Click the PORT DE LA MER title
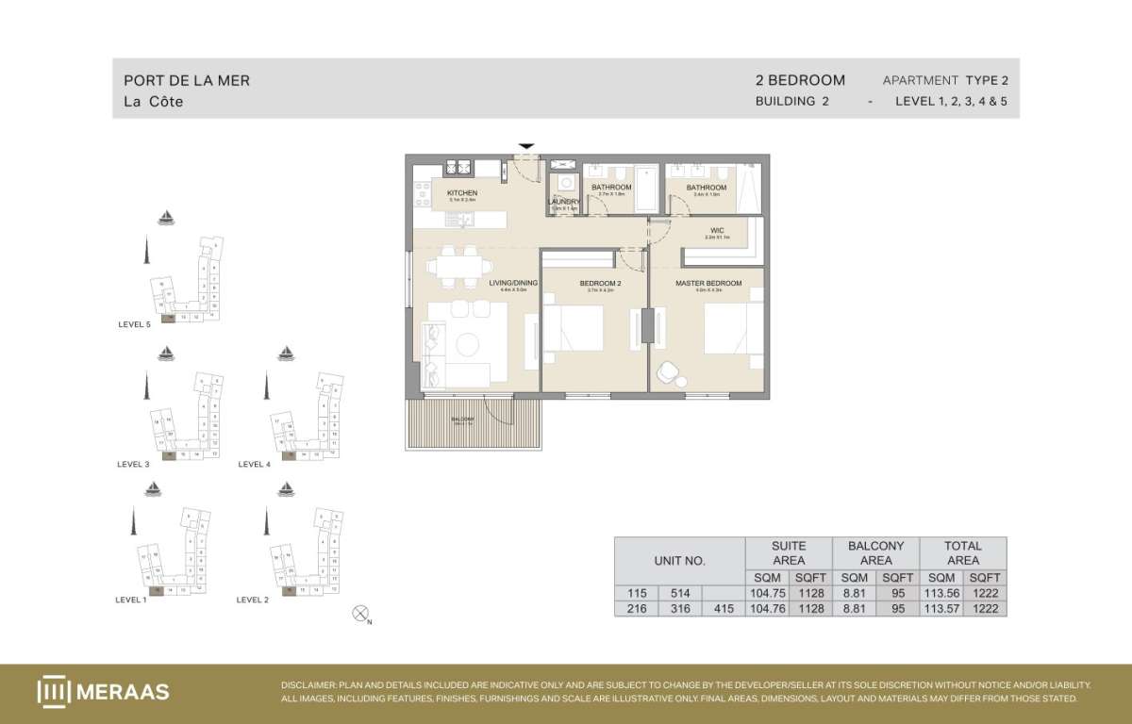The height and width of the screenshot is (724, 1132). coord(187,81)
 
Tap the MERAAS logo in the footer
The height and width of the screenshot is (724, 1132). coord(104,692)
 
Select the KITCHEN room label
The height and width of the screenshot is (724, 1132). coord(462,193)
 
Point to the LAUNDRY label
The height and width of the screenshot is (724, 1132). coord(563,202)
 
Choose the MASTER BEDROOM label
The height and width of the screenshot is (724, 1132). coord(707,283)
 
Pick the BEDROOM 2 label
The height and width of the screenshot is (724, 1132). coord(600,283)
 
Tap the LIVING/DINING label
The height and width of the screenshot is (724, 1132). coord(513,283)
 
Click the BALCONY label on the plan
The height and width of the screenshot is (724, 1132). coord(462,419)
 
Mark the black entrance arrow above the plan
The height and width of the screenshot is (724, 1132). coord(526,146)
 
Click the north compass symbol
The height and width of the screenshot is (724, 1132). coord(359,614)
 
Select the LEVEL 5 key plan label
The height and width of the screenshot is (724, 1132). coord(134,324)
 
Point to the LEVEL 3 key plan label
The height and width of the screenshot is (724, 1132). coord(133,464)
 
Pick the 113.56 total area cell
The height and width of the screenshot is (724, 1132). coord(941,593)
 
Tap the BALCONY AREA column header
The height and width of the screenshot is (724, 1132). coord(875,552)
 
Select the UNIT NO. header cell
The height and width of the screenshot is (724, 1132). coord(679,560)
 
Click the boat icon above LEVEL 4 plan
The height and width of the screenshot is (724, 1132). coord(285,354)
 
